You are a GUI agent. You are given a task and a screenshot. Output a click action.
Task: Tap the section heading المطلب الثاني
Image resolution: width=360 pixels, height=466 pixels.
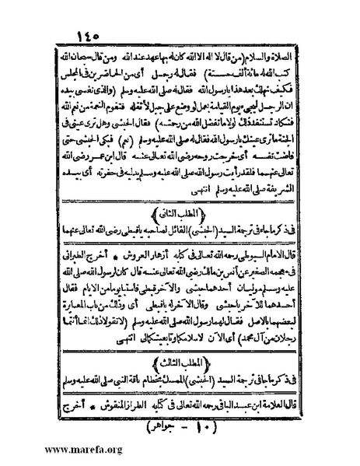[179, 210]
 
